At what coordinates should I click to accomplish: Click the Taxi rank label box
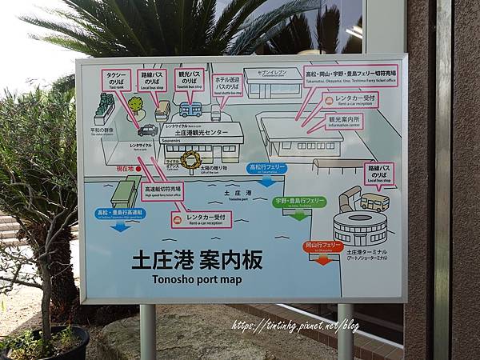click(116, 80)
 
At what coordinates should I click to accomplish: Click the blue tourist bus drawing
click(190, 109)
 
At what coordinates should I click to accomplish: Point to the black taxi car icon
click(147, 130)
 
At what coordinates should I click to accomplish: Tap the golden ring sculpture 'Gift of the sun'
click(191, 160)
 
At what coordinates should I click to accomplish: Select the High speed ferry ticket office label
click(162, 191)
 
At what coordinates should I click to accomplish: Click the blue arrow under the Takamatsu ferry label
click(266, 182)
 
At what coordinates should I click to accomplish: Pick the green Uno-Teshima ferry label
click(299, 202)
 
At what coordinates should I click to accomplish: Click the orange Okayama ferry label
click(322, 246)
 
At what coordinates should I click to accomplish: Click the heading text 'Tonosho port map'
click(197, 278)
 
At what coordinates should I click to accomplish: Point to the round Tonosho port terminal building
click(359, 228)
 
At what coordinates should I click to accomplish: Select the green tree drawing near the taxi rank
click(136, 105)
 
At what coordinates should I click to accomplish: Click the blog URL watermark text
click(295, 326)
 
